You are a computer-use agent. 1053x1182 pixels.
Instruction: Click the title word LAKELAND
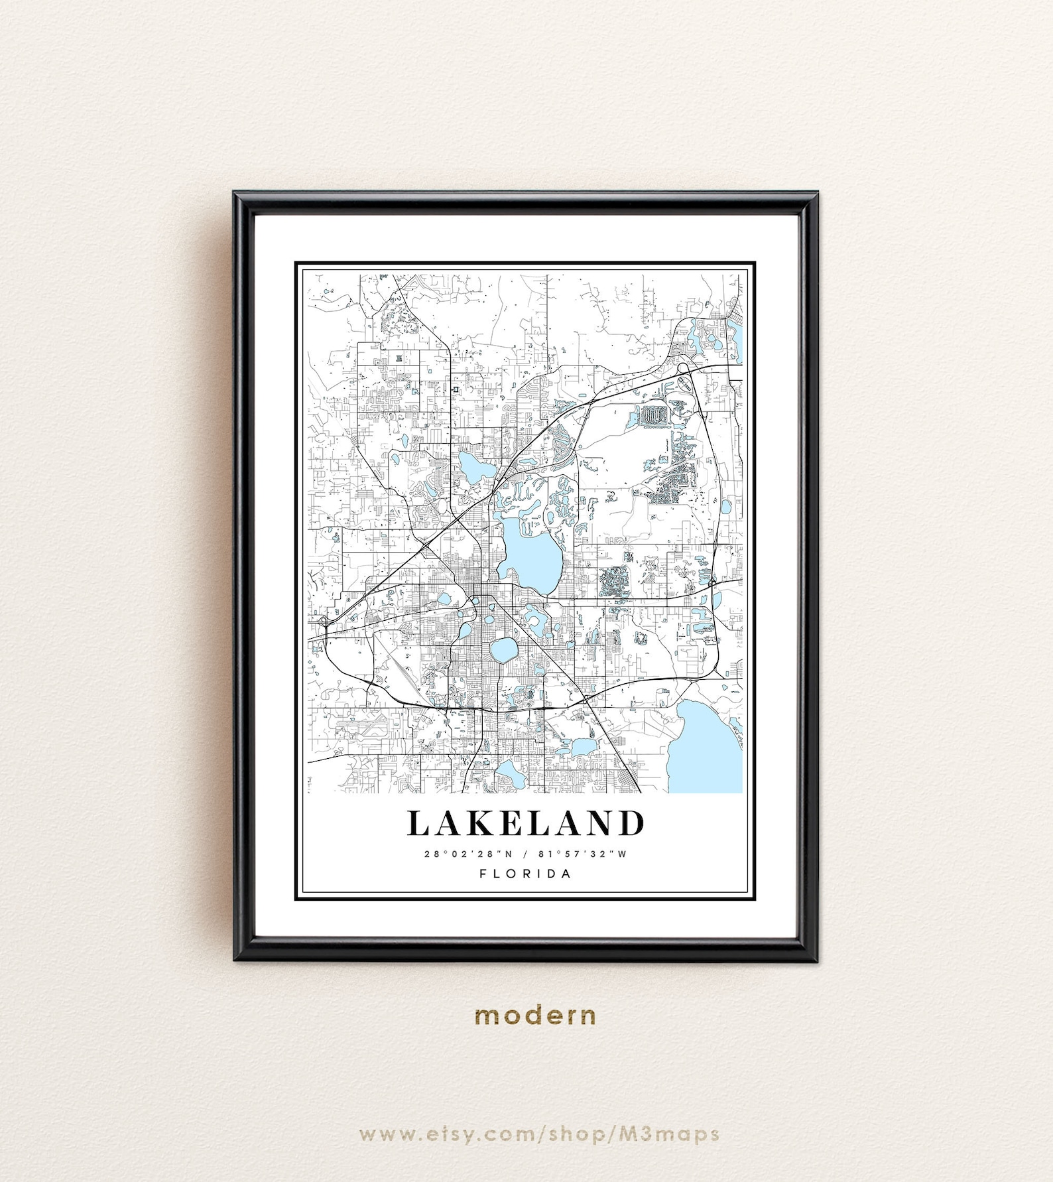(525, 823)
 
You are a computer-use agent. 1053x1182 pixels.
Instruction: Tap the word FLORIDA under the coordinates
(525, 874)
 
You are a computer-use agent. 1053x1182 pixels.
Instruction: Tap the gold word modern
(535, 1015)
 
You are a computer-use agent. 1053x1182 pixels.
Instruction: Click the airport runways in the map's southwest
(405, 671)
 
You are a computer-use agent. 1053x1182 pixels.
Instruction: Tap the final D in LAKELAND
(631, 823)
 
